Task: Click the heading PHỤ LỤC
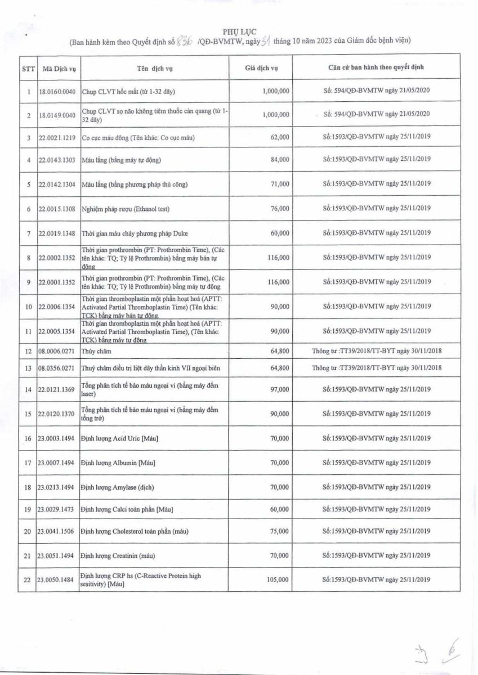click(x=239, y=31)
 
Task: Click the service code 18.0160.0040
click(x=57, y=91)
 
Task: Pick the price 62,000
click(x=280, y=137)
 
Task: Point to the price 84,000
click(x=280, y=160)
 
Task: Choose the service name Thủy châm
click(x=96, y=351)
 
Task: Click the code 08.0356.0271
click(x=57, y=368)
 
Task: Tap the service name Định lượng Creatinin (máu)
click(x=118, y=556)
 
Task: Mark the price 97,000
click(x=280, y=389)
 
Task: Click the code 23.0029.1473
click(x=57, y=509)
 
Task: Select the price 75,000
click(x=280, y=531)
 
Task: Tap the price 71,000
click(x=280, y=184)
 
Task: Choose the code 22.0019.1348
click(x=57, y=233)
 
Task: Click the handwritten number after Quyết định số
click(x=185, y=41)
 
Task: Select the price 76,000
click(x=280, y=209)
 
